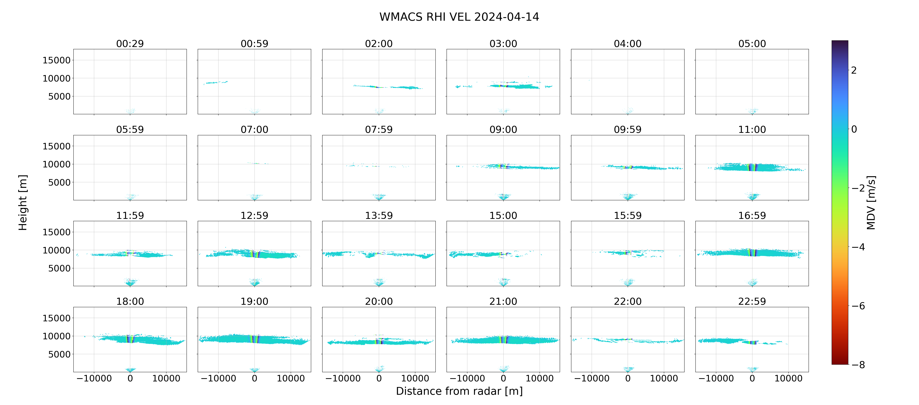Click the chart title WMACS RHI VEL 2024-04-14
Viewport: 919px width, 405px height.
pyautogui.click(x=459, y=17)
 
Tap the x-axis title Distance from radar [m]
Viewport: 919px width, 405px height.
pyautogui.click(x=459, y=391)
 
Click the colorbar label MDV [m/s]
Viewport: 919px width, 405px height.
pyautogui.click(x=871, y=202)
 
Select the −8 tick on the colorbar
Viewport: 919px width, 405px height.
pyautogui.click(x=858, y=365)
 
